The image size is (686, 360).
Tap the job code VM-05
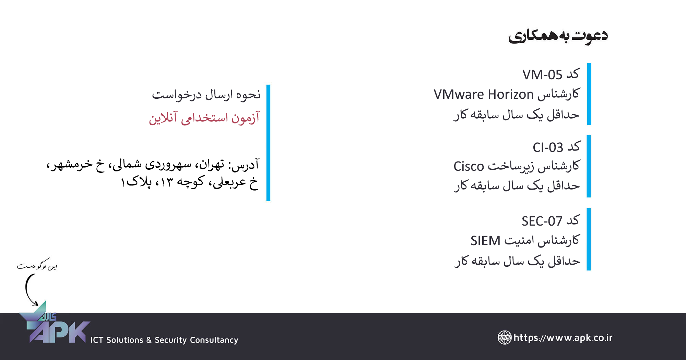pyautogui.click(x=542, y=75)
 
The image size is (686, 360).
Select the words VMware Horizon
pyautogui.click(x=484, y=94)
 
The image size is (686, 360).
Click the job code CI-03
pyautogui.click(x=548, y=147)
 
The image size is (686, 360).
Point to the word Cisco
pyautogui.click(x=469, y=166)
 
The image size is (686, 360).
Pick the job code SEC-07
pyautogui.click(x=542, y=221)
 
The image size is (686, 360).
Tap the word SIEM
pyautogui.click(x=485, y=241)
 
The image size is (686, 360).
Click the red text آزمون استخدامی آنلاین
pyautogui.click(x=204, y=118)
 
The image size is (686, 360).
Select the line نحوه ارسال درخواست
pyautogui.click(x=206, y=95)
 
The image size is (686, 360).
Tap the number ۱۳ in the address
pyautogui.click(x=166, y=182)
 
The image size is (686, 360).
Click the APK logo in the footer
pyautogui.click(x=55, y=324)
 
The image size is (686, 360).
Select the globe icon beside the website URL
pyautogui.click(x=505, y=337)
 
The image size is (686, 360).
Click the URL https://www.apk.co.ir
pyautogui.click(x=563, y=338)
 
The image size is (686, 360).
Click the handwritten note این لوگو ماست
pyautogui.click(x=37, y=265)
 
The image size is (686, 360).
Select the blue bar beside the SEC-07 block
pyautogui.click(x=589, y=239)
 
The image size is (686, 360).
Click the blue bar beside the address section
pyautogui.click(x=268, y=143)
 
